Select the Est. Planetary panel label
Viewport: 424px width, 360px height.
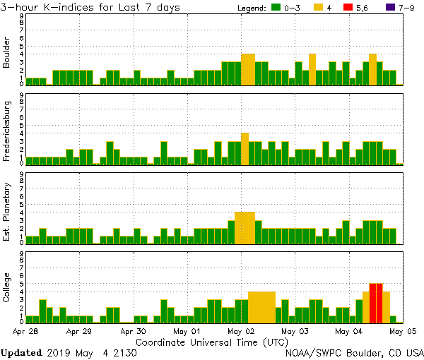(7, 212)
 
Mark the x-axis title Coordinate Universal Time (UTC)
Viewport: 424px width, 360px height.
(213, 342)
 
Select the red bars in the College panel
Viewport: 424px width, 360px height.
(376, 302)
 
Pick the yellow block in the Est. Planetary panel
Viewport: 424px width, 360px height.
(245, 227)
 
